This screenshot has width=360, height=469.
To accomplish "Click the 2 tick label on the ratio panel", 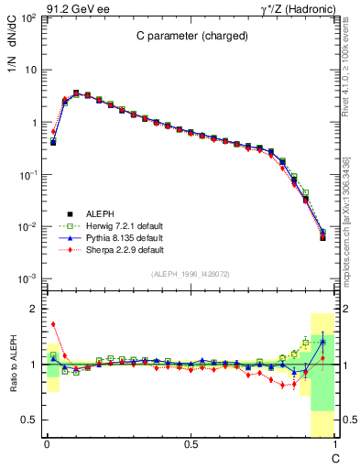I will point(34,309).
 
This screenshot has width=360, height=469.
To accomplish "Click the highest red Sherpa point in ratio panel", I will point(53,323).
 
